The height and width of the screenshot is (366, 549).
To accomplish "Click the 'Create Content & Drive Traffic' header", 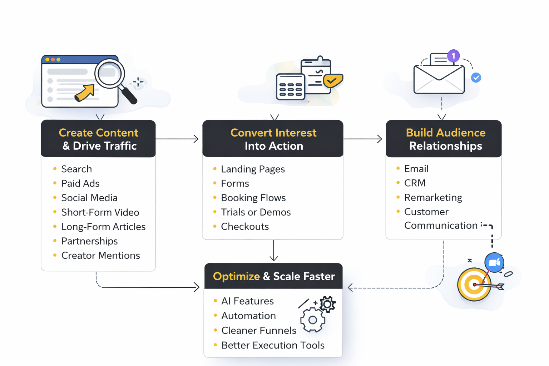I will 98,139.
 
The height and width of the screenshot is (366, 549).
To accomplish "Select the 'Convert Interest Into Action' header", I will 273,139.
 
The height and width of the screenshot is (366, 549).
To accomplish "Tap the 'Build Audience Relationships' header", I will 445,139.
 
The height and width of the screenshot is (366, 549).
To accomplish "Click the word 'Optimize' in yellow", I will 236,276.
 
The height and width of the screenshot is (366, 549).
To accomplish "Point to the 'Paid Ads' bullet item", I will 80,183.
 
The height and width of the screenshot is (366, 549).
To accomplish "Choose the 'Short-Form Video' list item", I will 100,212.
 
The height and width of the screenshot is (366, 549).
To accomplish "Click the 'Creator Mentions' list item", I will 100,256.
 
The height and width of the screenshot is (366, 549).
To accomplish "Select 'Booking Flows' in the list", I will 253,198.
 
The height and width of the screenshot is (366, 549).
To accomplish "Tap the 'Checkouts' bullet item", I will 245,227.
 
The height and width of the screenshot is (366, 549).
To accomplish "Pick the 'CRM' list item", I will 415,183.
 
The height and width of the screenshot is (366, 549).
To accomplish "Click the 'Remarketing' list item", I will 433,197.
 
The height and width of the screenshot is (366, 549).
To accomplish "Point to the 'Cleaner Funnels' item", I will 259,331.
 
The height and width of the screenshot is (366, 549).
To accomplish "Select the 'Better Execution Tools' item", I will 273,345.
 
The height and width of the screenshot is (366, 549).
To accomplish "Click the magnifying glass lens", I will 109,74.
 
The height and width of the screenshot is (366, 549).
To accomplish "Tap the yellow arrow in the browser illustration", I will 85,93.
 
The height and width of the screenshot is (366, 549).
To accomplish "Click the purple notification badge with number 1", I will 453,56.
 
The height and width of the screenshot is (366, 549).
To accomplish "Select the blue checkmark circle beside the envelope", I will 476,78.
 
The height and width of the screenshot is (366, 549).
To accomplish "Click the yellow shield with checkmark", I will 333,80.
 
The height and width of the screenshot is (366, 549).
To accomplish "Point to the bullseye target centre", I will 474,285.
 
